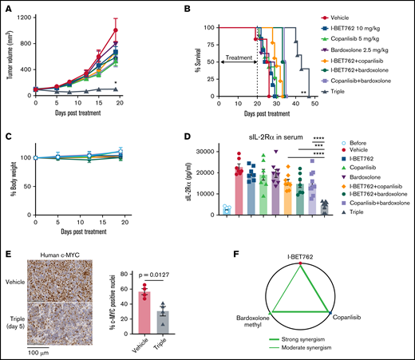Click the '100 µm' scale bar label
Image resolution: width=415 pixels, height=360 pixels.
(x=38, y=351)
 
